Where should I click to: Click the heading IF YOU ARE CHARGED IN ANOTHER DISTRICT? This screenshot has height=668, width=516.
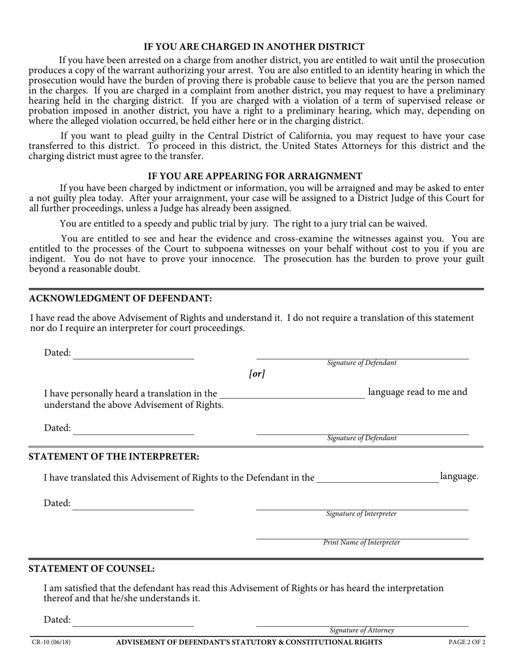pos(254,47)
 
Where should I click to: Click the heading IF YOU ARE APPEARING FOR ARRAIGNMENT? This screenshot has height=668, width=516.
pos(255,176)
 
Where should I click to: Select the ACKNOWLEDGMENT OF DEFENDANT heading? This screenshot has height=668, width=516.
pos(120,298)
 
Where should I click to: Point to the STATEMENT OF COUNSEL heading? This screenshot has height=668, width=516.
pos(91,569)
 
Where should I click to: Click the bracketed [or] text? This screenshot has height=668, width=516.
pos(257,374)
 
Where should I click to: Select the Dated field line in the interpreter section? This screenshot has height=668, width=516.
pos(133,509)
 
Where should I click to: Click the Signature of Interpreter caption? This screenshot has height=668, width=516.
pos(361,514)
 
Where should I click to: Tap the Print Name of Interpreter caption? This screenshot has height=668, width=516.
pos(362,543)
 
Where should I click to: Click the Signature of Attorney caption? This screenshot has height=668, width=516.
pos(362,631)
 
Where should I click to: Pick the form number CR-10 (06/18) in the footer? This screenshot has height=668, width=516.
pos(51,642)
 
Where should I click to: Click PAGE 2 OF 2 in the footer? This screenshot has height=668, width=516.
pos(467,642)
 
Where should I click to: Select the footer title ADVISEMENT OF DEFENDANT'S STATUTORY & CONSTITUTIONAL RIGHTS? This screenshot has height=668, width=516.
pos(249,642)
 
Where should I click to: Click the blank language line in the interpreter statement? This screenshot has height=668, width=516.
pos(377,481)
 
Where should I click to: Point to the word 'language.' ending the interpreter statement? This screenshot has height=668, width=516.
pos(459,476)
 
